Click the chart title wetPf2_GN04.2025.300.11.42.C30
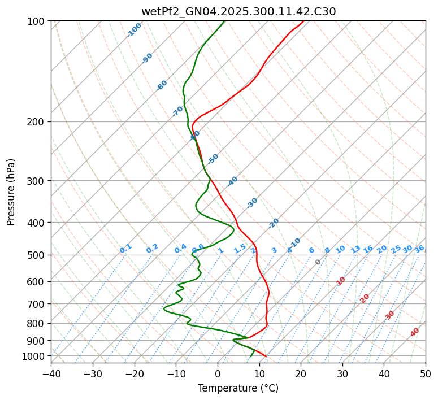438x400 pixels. click(x=238, y=11)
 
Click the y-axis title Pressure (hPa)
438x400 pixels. click(x=11, y=192)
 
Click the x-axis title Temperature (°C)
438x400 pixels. click(x=238, y=388)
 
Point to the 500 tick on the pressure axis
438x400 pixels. click(x=36, y=255)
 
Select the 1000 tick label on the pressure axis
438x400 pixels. click(x=34, y=356)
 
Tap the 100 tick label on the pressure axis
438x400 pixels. click(x=36, y=21)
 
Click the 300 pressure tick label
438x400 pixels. click(x=36, y=181)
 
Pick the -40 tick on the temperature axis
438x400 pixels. click(x=51, y=373)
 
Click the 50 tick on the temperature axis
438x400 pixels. click(x=426, y=373)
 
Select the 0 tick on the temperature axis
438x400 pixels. click(x=218, y=373)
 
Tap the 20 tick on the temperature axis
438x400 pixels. click(x=301, y=373)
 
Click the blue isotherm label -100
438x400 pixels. click(x=134, y=30)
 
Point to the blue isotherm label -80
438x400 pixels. click(x=162, y=85)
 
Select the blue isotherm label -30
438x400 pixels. click(x=253, y=202)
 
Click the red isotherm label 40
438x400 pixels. click(x=415, y=332)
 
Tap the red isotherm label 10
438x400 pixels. click(x=341, y=281)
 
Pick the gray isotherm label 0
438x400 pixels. click(x=318, y=262)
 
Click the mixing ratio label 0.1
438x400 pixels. click(x=125, y=248)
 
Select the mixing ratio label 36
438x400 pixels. click(x=419, y=249)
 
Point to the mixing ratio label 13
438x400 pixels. click(x=355, y=249)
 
